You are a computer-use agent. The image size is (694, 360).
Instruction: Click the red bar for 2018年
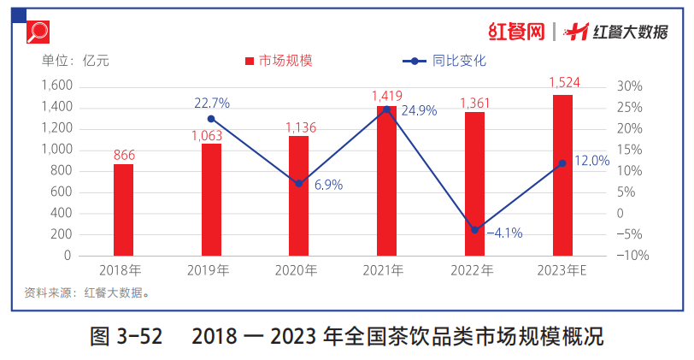tap(123, 210)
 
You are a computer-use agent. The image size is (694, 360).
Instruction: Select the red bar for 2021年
tap(386, 180)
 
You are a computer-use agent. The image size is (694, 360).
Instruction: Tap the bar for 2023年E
tap(562, 175)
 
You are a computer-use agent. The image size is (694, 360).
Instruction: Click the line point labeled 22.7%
tap(211, 119)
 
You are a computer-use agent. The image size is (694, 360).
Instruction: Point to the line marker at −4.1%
tap(474, 230)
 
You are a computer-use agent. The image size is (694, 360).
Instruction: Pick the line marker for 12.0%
tap(562, 163)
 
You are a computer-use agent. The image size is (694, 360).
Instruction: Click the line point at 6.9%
tap(299, 184)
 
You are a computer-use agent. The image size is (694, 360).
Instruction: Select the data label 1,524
tap(562, 83)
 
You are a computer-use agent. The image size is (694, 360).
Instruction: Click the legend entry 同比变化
tap(444, 61)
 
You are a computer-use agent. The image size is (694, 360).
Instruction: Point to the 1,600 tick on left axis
tap(56, 86)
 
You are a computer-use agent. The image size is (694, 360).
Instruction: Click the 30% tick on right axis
tap(628, 86)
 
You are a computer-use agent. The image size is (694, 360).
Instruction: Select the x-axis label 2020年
tap(298, 270)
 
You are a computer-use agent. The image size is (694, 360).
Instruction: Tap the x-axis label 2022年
tap(474, 270)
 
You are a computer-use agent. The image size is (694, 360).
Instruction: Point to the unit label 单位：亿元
tap(76, 61)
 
